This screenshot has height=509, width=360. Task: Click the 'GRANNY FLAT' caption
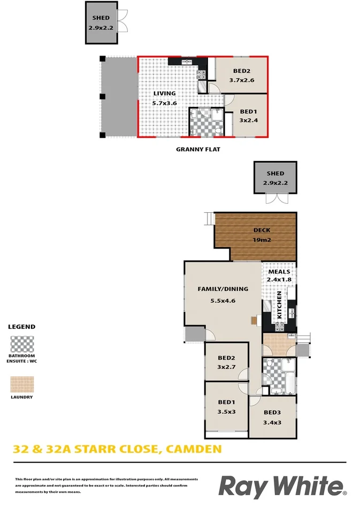[198, 150]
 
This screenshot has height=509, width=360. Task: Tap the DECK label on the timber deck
[262, 230]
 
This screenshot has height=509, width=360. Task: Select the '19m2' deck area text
[262, 240]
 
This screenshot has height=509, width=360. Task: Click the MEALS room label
[279, 272]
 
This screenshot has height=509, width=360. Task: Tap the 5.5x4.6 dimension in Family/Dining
[223, 300]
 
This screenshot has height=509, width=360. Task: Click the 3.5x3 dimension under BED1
[227, 412]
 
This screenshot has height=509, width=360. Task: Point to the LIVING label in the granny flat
[164, 94]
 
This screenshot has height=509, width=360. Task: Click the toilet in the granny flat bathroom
[217, 130]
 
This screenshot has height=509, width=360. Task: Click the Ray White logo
[282, 488]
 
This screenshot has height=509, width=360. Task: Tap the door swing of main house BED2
[243, 374]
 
